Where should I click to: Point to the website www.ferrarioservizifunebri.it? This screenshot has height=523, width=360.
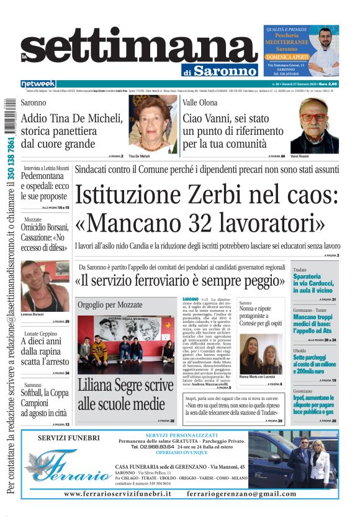coord(117,493)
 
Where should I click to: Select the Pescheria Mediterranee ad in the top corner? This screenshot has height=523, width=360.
coord(301,50)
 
